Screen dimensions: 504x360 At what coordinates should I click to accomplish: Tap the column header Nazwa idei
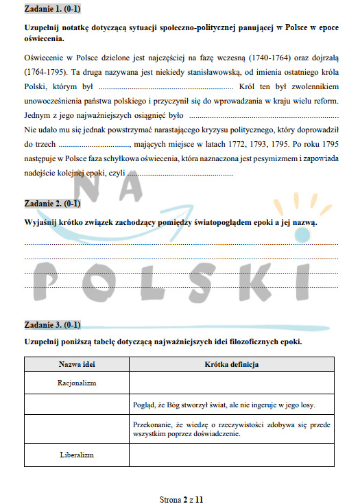click(x=76, y=365)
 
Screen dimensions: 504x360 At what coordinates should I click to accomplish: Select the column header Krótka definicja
click(x=232, y=365)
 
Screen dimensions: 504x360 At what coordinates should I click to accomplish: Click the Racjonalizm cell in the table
click(x=76, y=383)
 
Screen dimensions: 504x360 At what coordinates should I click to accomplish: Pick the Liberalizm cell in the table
click(x=76, y=455)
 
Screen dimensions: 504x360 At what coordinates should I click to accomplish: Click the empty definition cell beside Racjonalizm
click(x=232, y=383)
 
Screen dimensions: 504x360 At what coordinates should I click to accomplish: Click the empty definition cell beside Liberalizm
click(x=232, y=455)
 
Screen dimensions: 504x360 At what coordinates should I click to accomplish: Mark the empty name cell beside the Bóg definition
click(x=76, y=405)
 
